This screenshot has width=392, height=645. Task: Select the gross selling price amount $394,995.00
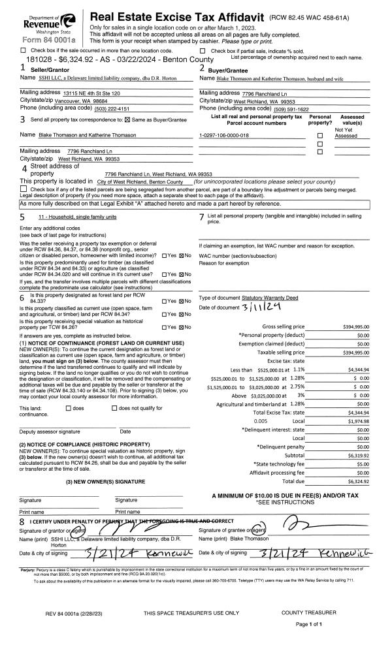pyautogui.click(x=356, y=326)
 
